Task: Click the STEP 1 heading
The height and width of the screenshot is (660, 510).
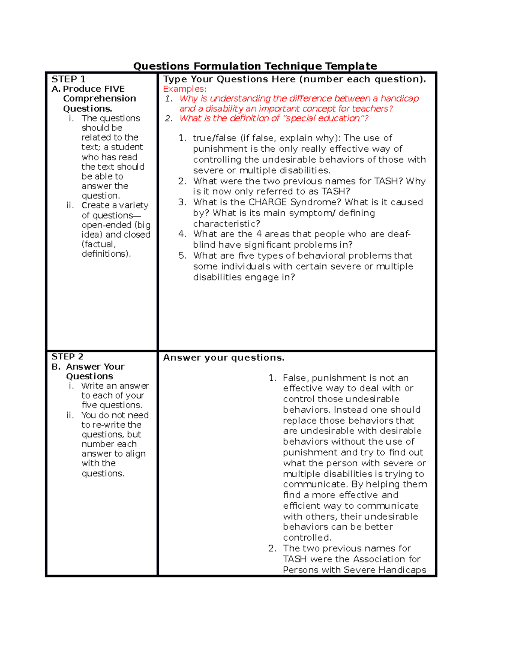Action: (x=68, y=79)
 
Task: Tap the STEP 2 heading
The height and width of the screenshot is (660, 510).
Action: (x=67, y=357)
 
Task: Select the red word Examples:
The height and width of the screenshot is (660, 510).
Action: (x=184, y=89)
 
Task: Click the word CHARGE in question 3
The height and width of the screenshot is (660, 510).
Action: (x=267, y=202)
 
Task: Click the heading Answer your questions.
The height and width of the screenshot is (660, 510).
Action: (x=224, y=358)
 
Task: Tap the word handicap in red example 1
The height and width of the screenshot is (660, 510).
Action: (x=399, y=99)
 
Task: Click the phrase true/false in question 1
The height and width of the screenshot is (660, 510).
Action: (x=214, y=138)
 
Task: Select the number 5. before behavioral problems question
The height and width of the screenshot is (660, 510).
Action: (x=182, y=256)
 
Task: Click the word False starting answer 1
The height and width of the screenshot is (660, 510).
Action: (x=296, y=378)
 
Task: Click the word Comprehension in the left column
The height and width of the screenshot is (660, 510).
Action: (x=99, y=99)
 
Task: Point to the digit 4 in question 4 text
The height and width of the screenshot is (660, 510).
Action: (x=259, y=234)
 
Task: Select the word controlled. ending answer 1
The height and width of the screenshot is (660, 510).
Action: (x=307, y=538)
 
